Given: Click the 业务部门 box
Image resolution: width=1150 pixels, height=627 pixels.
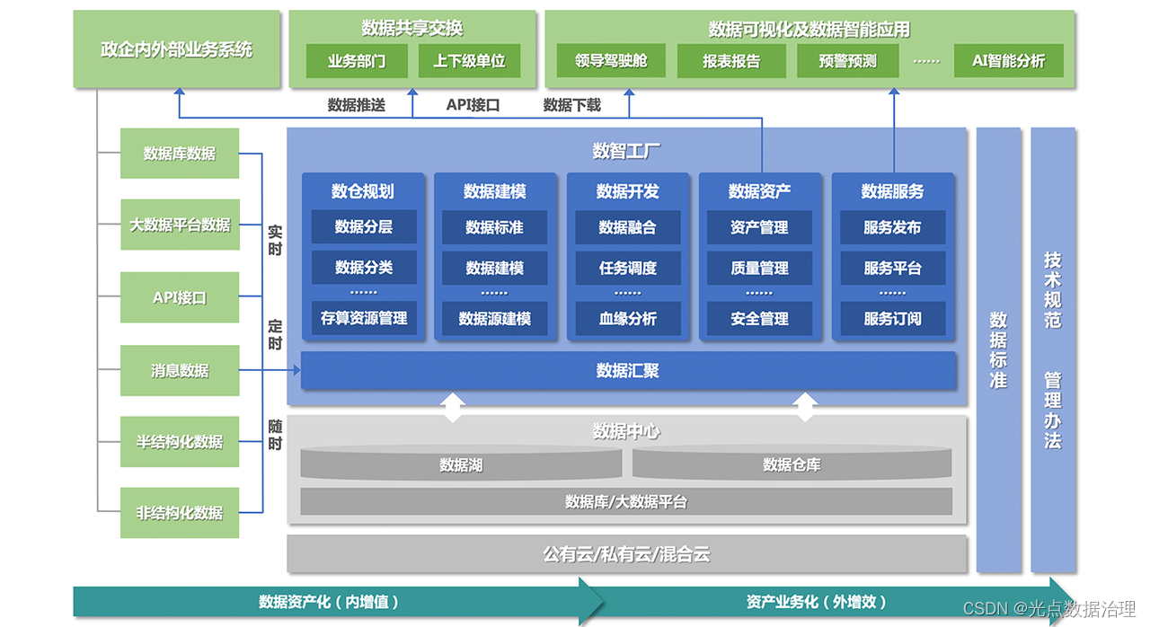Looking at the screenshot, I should (357, 61).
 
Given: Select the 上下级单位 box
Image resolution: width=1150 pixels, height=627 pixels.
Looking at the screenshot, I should (470, 61).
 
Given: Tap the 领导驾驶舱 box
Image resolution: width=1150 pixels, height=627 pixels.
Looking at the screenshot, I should (611, 61).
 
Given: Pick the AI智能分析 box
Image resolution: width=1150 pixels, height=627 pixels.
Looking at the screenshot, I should (1008, 61).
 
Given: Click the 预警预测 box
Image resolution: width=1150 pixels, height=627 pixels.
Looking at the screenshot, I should (848, 61).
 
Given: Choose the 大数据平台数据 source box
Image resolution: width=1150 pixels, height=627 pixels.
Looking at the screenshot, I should (180, 225).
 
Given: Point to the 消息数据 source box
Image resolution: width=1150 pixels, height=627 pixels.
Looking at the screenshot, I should (180, 370).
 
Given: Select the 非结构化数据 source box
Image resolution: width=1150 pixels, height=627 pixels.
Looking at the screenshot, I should (180, 513).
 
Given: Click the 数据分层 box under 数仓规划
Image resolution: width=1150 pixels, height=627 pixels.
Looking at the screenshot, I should (364, 227).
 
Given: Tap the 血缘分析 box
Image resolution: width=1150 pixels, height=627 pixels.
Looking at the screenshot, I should (628, 318).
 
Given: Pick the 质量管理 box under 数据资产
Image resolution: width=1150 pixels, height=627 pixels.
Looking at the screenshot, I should (760, 268).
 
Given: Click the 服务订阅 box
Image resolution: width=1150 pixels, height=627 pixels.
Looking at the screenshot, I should (892, 318).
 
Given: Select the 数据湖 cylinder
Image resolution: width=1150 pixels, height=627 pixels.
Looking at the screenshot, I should (461, 464).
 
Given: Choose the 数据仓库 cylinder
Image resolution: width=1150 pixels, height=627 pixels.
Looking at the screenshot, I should (792, 464).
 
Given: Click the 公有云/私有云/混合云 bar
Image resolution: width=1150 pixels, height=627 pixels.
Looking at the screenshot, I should (626, 553).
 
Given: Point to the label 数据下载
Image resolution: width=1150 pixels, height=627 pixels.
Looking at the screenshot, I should (572, 105).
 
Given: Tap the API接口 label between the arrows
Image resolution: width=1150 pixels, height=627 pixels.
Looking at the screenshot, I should (473, 105).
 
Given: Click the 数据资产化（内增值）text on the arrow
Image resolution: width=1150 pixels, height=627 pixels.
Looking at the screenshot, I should (329, 602).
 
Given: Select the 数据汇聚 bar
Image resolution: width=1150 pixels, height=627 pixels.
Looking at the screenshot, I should (628, 370).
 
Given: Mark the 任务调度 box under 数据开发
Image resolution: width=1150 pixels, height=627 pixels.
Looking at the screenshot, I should (628, 268).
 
